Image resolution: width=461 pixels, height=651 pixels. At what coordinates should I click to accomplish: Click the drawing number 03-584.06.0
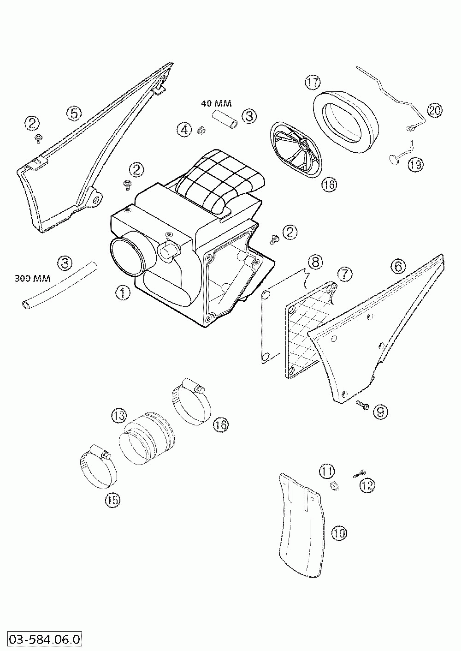[x=42, y=639]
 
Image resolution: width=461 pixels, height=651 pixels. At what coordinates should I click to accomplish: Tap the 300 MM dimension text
[x=32, y=278]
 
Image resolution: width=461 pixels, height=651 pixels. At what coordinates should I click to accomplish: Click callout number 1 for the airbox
[x=123, y=293]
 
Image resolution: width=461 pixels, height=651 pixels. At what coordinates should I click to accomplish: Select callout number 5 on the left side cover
[x=74, y=113]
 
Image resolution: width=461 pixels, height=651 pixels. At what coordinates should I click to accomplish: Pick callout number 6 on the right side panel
[x=398, y=266]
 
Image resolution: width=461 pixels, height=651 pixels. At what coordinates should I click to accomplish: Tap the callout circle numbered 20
[x=434, y=110]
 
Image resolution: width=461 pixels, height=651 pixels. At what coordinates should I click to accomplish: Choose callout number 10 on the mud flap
[x=339, y=533]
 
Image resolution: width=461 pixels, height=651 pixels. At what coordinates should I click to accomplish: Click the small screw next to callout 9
[x=362, y=405]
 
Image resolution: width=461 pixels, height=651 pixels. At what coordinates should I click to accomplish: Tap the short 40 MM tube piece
[x=225, y=118]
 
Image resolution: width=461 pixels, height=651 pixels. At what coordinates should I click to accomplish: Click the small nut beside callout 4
[x=201, y=131]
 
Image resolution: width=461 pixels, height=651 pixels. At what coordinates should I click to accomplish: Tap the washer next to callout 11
[x=334, y=486]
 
